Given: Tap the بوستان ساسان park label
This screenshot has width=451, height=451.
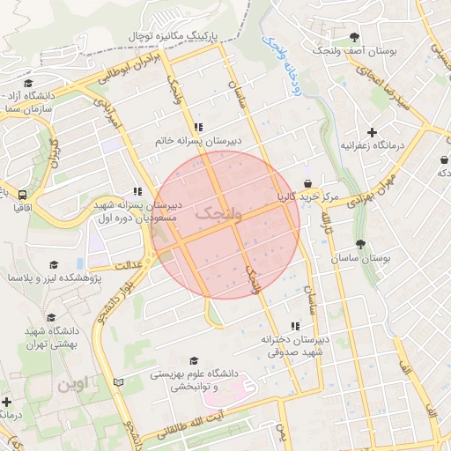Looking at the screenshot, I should pos(361,259).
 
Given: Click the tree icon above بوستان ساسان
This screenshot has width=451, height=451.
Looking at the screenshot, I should pos(360,244).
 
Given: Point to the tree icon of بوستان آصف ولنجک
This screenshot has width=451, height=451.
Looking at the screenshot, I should pos(354,37).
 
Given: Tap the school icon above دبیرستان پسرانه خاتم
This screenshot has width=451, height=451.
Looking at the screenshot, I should pos(209,126).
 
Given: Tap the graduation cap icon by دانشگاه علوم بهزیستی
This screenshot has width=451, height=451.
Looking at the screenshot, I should pos(194,360).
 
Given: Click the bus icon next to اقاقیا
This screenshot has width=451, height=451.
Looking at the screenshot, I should pos(21,195).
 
